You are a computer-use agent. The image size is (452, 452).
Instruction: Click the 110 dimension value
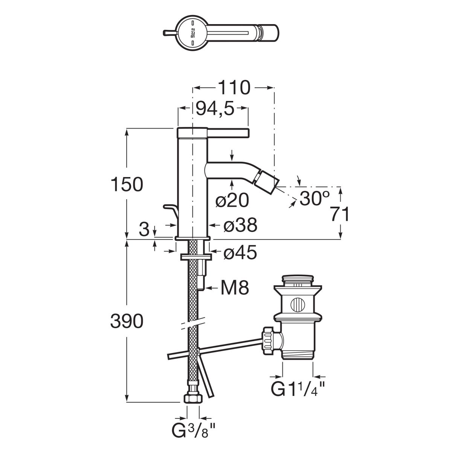(234, 87)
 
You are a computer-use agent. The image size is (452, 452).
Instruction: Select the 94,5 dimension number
(215, 108)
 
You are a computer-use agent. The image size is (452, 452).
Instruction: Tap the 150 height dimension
(127, 184)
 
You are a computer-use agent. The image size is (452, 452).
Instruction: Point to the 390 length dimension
(127, 321)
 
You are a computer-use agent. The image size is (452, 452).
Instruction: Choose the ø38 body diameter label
(240, 225)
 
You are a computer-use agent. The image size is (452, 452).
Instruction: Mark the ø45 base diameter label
(240, 253)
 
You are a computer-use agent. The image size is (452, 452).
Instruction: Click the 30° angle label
(315, 198)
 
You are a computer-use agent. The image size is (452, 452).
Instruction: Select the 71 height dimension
(340, 214)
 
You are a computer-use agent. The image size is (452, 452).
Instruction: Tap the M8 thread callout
(235, 288)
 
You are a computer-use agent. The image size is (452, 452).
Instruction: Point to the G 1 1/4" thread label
(298, 388)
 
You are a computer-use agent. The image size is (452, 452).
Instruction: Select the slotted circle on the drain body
(298, 305)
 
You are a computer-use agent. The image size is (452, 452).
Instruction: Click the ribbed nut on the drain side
(268, 341)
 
